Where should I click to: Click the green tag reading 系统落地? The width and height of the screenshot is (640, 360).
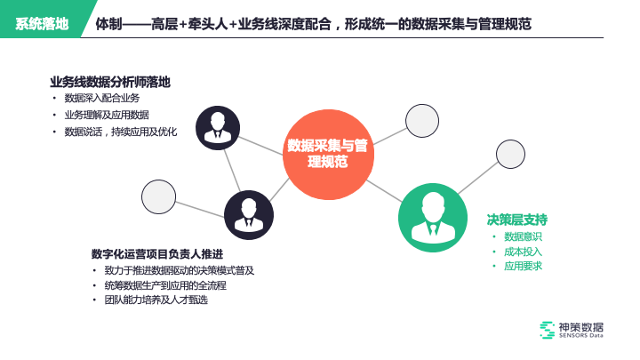click(42, 23)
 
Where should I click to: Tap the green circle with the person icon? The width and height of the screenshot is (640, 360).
click(433, 217)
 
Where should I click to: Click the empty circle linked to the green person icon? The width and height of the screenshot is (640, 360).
click(510, 154)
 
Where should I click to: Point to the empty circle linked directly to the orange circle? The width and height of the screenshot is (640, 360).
click(421, 120)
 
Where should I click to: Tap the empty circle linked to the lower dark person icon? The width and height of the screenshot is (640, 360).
click(158, 196)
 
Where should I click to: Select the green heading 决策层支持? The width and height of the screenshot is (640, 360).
click(516, 220)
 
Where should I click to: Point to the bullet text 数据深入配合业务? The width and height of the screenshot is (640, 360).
click(101, 99)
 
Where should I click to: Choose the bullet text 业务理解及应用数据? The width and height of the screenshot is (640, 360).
click(106, 116)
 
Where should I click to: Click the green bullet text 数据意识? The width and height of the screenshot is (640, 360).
click(523, 236)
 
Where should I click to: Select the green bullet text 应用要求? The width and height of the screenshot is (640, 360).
click(523, 266)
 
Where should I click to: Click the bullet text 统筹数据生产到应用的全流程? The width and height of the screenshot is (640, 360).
click(165, 285)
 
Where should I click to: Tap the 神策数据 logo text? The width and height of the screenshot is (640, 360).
click(581, 326)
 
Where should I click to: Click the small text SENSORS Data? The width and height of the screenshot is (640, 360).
click(581, 336)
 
